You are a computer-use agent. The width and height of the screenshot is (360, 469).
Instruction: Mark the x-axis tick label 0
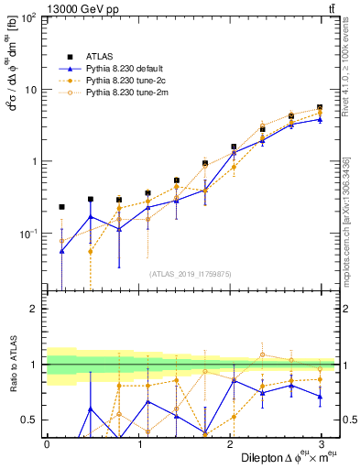(47, 442)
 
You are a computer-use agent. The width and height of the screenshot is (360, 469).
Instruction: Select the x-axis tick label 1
(138, 442)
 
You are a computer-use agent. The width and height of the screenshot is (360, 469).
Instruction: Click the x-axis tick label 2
(230, 442)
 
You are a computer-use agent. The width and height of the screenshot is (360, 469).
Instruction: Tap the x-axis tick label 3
(322, 442)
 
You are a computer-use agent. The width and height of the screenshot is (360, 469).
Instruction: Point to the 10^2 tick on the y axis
(29, 18)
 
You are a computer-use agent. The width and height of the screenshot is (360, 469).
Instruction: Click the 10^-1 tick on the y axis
(29, 234)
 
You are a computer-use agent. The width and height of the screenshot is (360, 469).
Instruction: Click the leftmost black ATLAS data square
(61, 207)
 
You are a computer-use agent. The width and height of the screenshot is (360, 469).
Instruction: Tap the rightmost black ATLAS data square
(320, 107)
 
